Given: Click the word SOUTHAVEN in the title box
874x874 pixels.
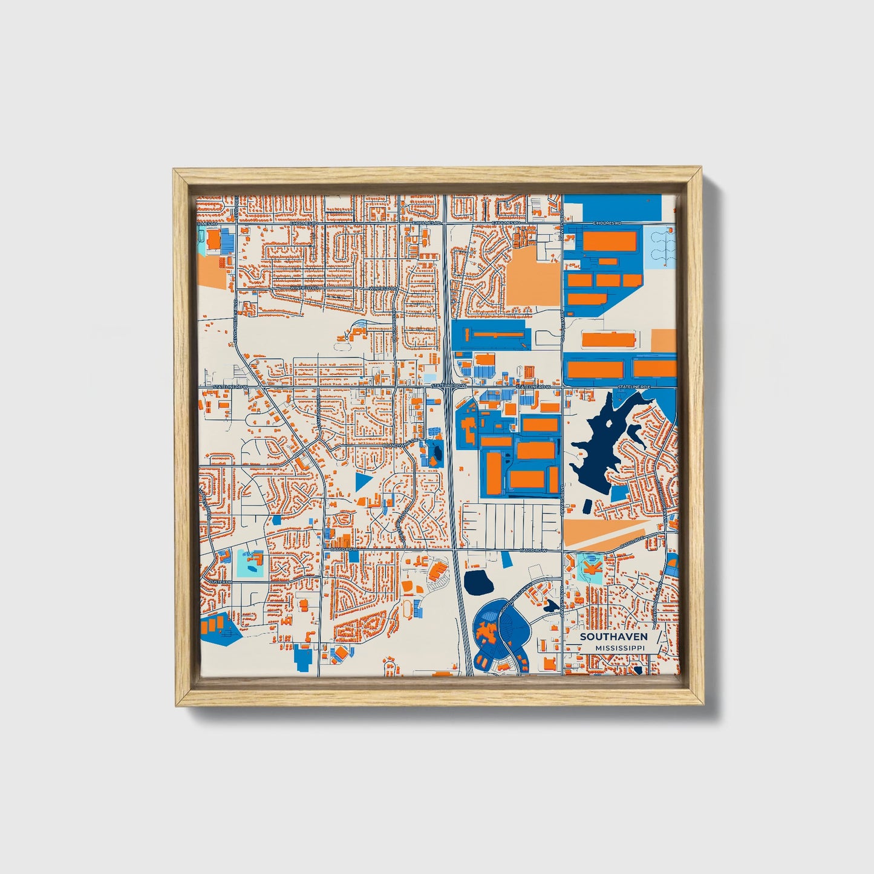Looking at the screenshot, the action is [x=613, y=637].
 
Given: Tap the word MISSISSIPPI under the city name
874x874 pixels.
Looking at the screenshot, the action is [x=619, y=648].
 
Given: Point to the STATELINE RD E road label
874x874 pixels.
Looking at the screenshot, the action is [x=634, y=386].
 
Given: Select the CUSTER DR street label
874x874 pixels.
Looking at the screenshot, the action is [x=221, y=582].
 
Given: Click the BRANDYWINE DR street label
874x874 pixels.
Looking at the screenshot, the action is [x=400, y=446].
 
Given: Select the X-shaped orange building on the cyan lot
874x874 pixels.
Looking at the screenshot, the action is [x=590, y=567].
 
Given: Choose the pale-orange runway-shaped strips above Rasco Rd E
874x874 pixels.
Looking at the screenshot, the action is [x=605, y=532].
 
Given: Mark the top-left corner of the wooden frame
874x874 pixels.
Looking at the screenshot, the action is [x=174, y=170].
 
